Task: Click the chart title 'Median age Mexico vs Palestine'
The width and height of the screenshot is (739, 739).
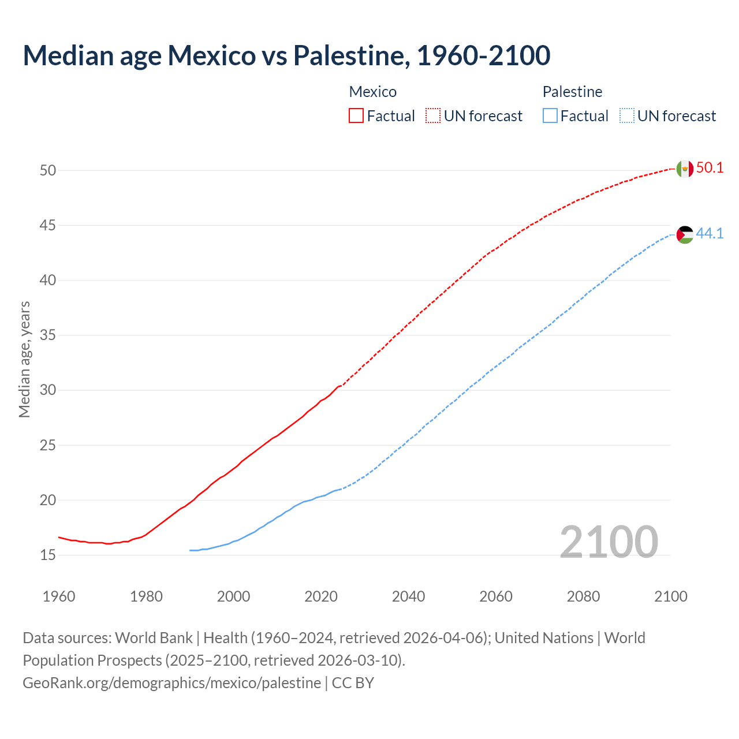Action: (x=286, y=55)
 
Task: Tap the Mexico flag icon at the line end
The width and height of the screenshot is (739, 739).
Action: (x=684, y=169)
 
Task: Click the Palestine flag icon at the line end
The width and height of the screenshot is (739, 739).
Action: (x=684, y=234)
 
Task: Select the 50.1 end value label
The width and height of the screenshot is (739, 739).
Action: (x=710, y=168)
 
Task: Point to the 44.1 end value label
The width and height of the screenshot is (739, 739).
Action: (x=710, y=234)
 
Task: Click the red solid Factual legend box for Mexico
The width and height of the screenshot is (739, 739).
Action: (x=356, y=115)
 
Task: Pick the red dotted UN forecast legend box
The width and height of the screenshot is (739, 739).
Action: (x=433, y=115)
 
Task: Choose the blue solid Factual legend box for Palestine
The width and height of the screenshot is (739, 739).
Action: (x=550, y=115)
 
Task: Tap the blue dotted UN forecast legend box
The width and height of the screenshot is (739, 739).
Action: (x=626, y=115)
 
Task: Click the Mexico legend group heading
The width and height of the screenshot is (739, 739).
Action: (x=373, y=92)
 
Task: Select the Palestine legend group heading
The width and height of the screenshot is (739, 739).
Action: (x=572, y=92)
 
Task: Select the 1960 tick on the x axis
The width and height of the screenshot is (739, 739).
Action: (x=59, y=596)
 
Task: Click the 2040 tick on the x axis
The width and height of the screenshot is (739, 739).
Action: (x=408, y=596)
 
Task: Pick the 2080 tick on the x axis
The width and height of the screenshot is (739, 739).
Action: (x=583, y=596)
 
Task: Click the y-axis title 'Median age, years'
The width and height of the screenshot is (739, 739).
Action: (x=24, y=359)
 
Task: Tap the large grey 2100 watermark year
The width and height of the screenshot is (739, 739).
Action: (x=609, y=542)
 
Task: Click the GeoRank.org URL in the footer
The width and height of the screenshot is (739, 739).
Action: (x=171, y=683)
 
